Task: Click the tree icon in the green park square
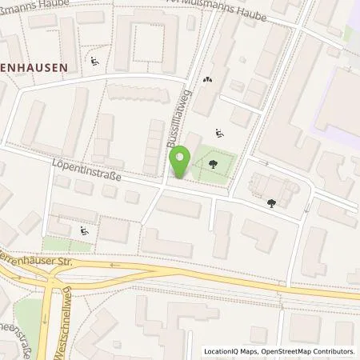tap(214, 166)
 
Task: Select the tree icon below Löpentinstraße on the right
tap(273, 202)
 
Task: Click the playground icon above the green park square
tap(220, 133)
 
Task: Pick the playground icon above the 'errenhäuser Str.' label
tap(86, 233)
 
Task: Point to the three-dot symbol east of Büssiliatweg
tap(208, 79)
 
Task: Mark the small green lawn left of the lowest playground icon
tap(56, 243)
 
